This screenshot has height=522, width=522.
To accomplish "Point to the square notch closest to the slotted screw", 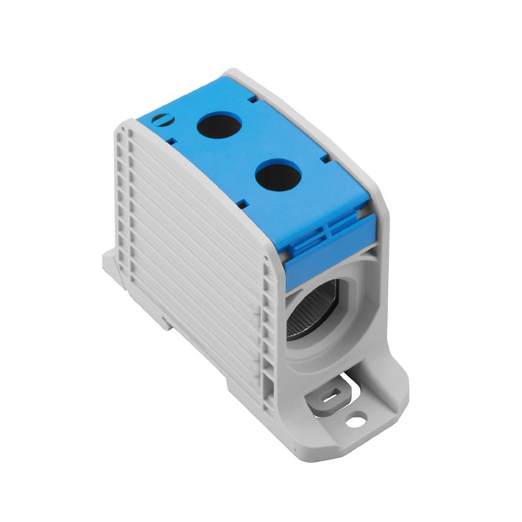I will pos(171,140).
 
